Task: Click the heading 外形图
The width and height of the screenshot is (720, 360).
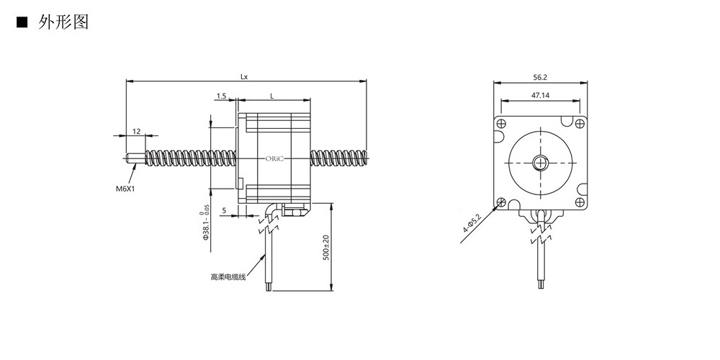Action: click(63, 22)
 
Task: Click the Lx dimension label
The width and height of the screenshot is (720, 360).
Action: click(244, 77)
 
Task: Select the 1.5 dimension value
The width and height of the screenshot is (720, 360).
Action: click(221, 96)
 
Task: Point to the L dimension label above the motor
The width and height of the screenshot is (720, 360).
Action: click(272, 96)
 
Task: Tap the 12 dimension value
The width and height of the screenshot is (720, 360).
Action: click(136, 131)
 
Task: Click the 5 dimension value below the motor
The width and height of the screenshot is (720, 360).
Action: click(224, 210)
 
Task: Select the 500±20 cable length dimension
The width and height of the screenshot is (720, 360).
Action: click(326, 248)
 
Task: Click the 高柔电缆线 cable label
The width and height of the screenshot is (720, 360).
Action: click(228, 277)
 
